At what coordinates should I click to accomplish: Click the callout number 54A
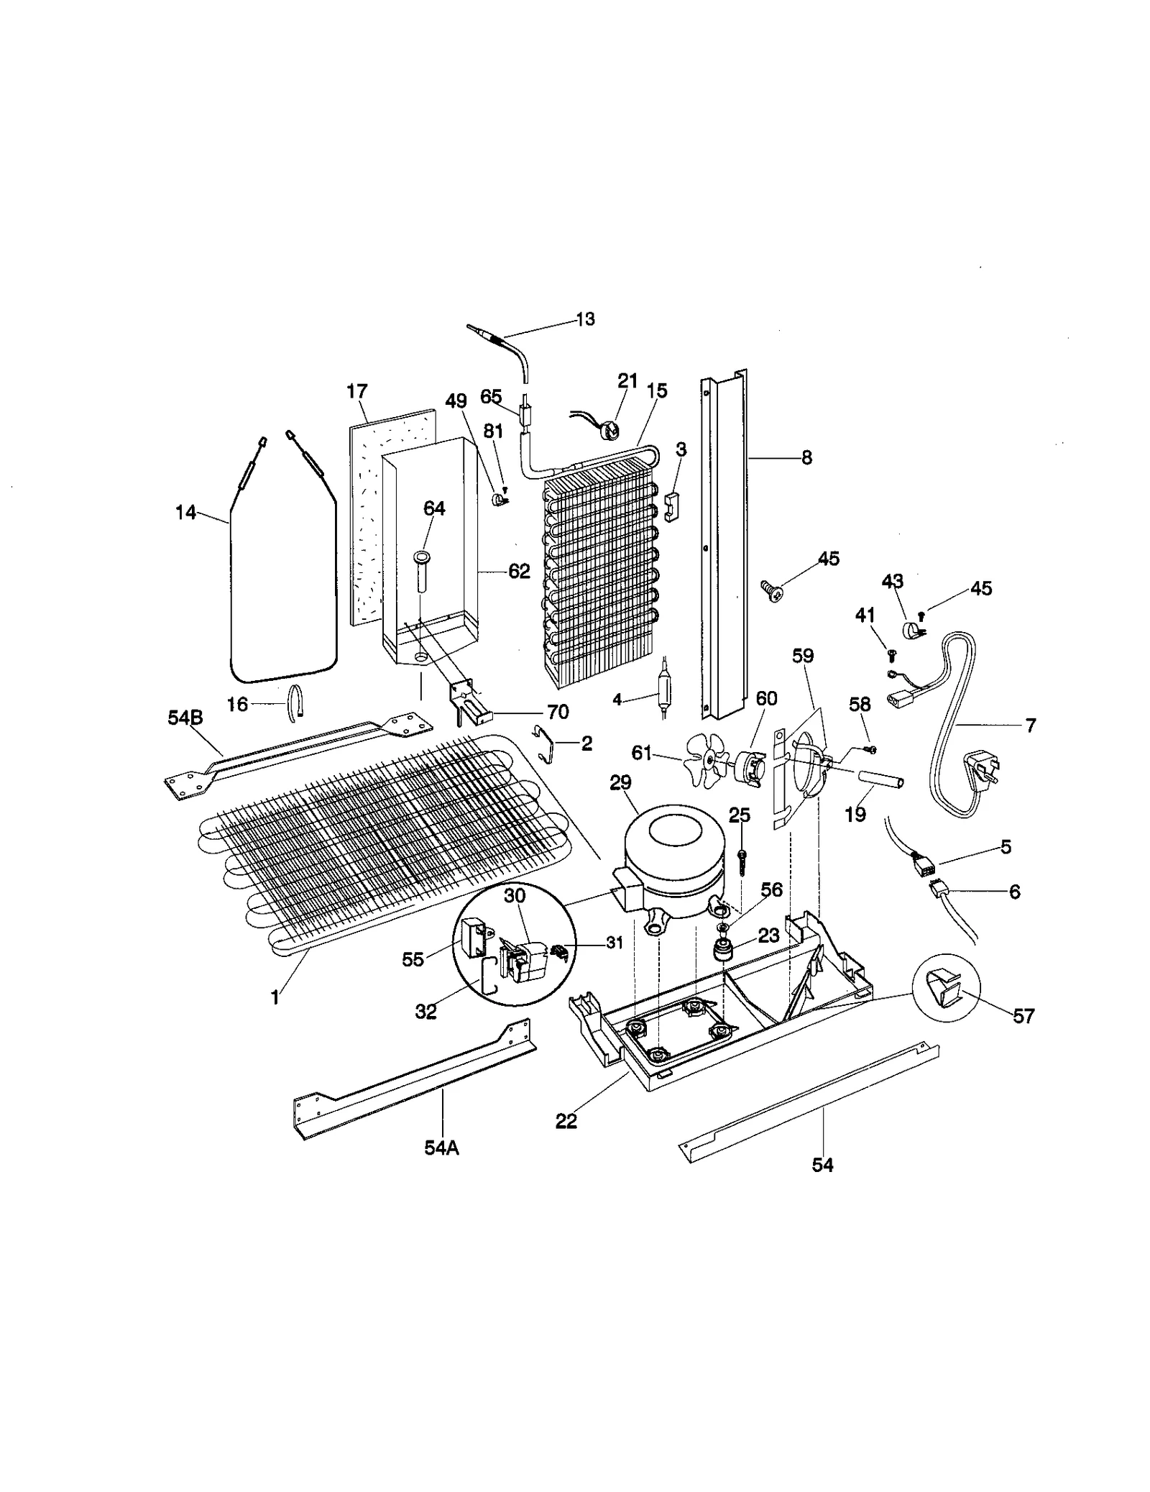coord(441,1148)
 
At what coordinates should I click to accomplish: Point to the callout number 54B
coord(185,718)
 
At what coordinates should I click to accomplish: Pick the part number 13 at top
coord(586,319)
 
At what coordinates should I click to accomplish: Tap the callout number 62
coord(519,572)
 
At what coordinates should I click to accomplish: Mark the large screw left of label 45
coord(772,591)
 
